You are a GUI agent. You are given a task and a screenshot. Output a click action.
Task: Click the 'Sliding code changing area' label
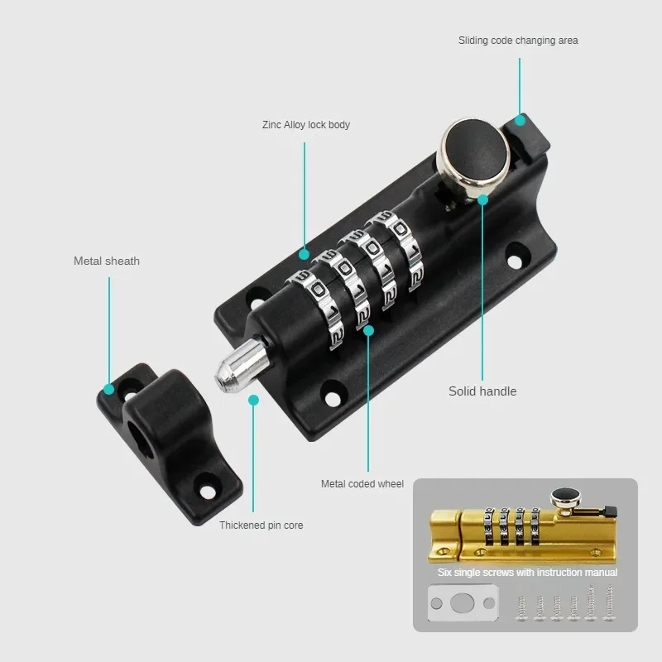pyautogui.click(x=518, y=40)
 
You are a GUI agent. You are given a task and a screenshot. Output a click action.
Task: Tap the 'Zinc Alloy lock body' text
pyautogui.click(x=305, y=125)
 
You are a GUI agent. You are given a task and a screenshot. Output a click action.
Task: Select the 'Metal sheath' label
pyautogui.click(x=107, y=261)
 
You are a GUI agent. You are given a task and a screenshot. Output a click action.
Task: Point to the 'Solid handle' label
pyautogui.click(x=482, y=391)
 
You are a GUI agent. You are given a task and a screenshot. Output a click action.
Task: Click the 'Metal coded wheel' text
pyautogui.click(x=362, y=483)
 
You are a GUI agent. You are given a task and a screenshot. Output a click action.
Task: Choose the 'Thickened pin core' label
pyautogui.click(x=261, y=525)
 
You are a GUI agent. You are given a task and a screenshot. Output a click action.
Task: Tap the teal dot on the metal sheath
pyautogui.click(x=108, y=389)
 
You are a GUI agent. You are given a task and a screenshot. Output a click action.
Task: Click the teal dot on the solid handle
pyautogui.click(x=483, y=198)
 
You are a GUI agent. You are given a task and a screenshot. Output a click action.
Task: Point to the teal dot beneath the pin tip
pyautogui.click(x=253, y=400)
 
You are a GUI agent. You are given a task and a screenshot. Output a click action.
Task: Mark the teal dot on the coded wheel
pyautogui.click(x=369, y=330)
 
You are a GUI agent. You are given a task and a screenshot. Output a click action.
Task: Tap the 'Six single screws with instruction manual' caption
pyautogui.click(x=527, y=572)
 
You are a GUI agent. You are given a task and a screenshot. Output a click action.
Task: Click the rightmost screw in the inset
pyautogui.click(x=610, y=602)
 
